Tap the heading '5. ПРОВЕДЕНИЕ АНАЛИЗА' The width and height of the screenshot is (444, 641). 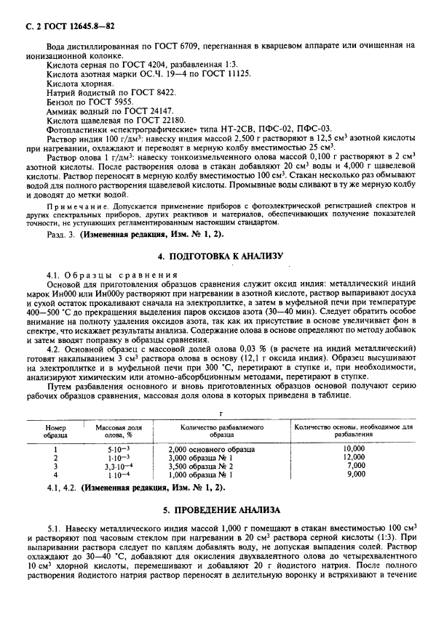tap(222, 509)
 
